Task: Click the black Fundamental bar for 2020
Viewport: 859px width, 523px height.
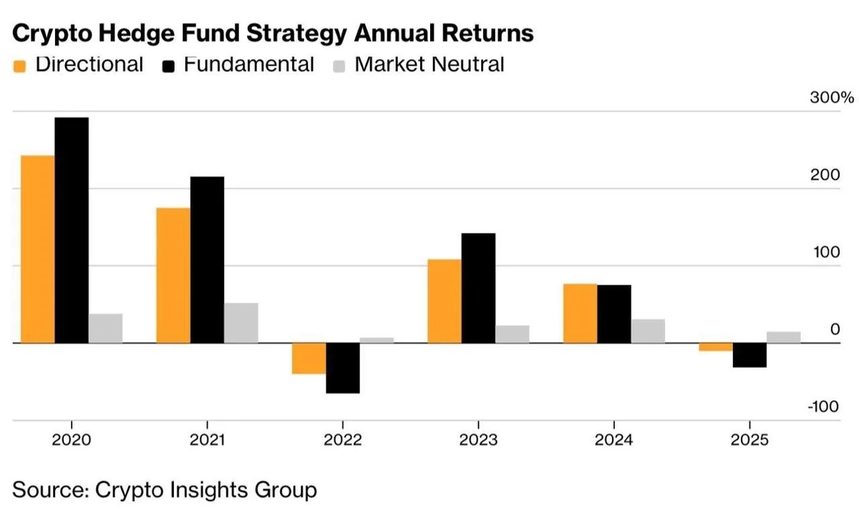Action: click(72, 230)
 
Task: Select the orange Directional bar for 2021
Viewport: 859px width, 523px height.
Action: click(173, 275)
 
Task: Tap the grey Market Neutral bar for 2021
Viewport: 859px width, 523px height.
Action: click(241, 323)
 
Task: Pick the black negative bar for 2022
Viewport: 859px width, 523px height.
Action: click(343, 368)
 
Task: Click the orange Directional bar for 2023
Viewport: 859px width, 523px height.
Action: click(444, 301)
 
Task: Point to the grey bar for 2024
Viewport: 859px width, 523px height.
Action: click(648, 331)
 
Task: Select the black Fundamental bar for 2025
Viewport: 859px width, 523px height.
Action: click(749, 355)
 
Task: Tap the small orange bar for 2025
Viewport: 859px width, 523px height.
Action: click(716, 347)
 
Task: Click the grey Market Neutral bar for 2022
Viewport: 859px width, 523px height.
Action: click(377, 340)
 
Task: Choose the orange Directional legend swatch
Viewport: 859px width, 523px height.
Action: click(20, 67)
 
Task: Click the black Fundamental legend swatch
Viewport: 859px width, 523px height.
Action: click(169, 67)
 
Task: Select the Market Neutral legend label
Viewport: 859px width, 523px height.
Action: click(429, 64)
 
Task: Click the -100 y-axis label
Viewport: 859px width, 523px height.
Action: click(824, 407)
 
